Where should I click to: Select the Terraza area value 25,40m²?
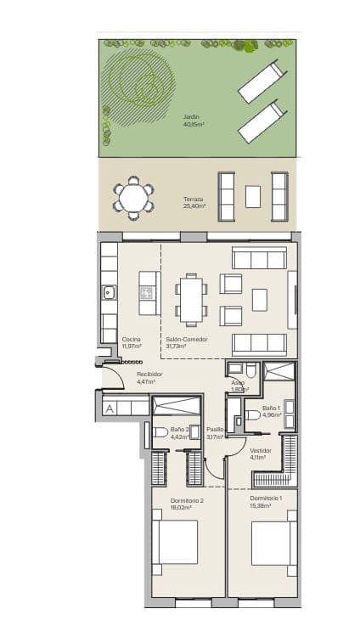[x=194, y=206]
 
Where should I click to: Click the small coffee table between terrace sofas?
[x=253, y=197]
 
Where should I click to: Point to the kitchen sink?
[x=109, y=293]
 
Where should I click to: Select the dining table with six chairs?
[x=192, y=299]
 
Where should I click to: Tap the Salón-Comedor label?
[x=187, y=339]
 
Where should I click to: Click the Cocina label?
[x=131, y=339]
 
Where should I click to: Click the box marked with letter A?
[x=109, y=408]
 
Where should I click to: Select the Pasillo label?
[x=216, y=430]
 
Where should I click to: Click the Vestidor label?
[x=260, y=450]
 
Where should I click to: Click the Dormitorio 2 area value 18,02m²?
[x=186, y=507]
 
